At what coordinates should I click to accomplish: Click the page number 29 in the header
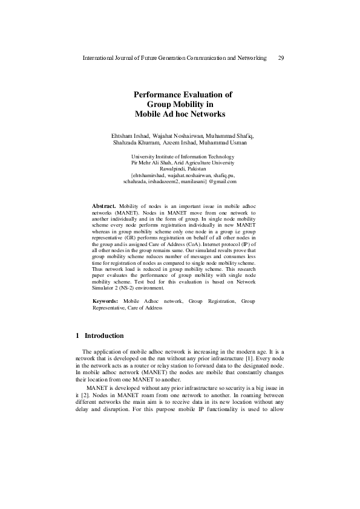(281, 58)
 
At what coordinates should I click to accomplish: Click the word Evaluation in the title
(208, 95)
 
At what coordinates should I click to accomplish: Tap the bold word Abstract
(103, 207)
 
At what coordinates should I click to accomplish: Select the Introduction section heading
(104, 336)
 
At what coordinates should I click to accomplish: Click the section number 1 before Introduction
(78, 336)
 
